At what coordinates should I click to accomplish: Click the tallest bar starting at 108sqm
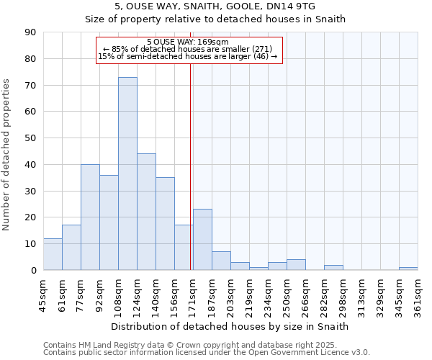[127, 174]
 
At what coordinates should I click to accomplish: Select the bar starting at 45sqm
[53, 254]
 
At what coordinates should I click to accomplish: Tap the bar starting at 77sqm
[90, 217]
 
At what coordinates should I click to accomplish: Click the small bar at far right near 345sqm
[408, 269]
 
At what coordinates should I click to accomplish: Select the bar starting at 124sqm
[146, 212]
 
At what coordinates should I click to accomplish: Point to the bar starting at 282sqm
[333, 268]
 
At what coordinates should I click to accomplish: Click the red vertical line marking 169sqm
[191, 180]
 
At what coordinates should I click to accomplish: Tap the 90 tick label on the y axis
[30, 32]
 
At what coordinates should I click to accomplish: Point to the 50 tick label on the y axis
[30, 138]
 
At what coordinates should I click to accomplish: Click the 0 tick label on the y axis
[33, 271]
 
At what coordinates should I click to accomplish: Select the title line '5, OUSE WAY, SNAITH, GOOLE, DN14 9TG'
[215, 6]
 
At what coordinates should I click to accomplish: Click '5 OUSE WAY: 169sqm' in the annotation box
[187, 42]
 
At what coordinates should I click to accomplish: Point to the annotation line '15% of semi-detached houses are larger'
[187, 56]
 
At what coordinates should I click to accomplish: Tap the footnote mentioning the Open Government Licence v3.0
[207, 353]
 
